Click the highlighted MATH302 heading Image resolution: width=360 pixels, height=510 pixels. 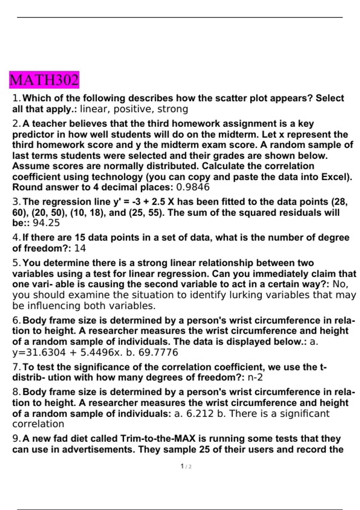point(44,80)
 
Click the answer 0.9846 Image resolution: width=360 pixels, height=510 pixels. point(193,187)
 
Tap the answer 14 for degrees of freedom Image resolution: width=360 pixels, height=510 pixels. point(80,248)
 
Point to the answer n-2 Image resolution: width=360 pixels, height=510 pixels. point(255,377)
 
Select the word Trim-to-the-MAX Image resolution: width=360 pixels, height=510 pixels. point(158,439)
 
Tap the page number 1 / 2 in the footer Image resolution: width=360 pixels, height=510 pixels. point(186,466)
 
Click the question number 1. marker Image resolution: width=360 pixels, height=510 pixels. point(17,98)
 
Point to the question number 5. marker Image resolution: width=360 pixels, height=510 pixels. point(17,263)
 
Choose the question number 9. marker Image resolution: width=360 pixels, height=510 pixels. point(17,439)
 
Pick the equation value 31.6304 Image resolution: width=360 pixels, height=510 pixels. point(45,352)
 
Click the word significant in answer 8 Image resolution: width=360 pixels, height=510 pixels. point(304,413)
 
